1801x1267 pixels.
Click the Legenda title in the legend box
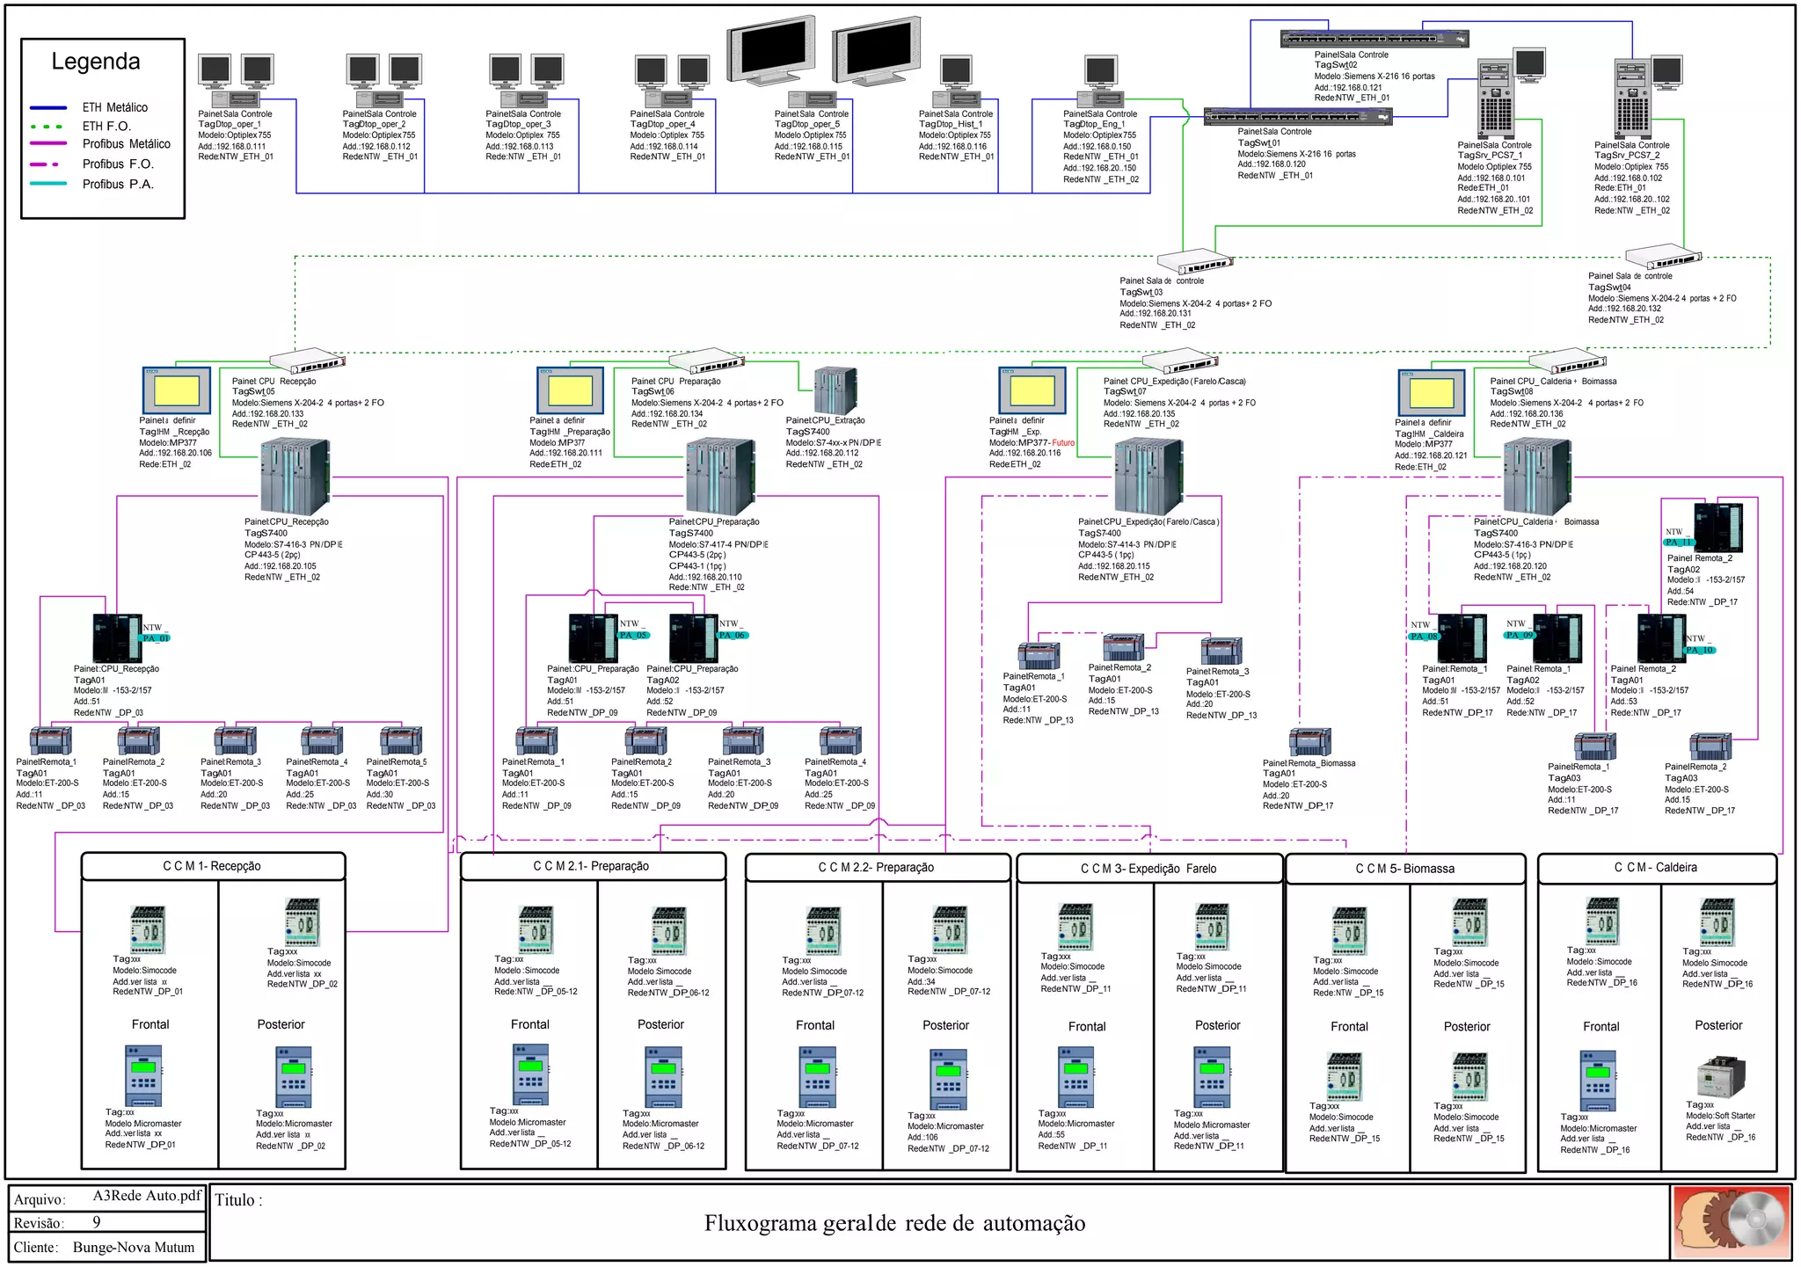[96, 62]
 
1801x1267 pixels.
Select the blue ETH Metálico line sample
[48, 107]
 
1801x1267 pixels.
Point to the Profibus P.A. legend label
[118, 185]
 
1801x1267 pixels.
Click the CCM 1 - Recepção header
[212, 866]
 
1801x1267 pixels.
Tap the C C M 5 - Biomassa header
[1404, 869]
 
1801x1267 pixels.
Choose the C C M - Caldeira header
[1656, 867]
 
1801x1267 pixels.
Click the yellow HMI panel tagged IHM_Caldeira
[1431, 392]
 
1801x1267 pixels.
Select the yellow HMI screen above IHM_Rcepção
[176, 390]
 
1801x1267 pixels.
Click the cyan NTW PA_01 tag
[156, 638]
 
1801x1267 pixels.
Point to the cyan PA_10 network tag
[1699, 650]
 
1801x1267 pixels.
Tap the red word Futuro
[1063, 443]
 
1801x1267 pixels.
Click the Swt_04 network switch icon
[1662, 258]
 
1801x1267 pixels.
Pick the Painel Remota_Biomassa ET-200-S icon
[1309, 742]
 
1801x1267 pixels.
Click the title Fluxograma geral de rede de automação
[894, 1223]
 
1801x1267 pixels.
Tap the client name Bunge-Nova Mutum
[134, 1247]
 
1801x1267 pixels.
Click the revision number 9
[97, 1222]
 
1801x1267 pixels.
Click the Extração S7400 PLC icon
[835, 390]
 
